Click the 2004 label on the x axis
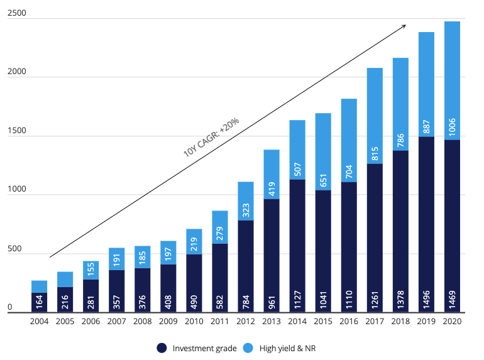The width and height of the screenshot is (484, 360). (x=40, y=321)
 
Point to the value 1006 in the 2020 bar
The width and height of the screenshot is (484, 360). (x=453, y=128)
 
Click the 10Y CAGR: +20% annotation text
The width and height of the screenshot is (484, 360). (x=211, y=134)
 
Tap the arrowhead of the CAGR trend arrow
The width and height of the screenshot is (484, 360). (x=404, y=26)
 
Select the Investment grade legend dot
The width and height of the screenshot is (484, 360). (x=162, y=347)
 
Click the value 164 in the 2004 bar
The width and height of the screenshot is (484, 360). (x=40, y=302)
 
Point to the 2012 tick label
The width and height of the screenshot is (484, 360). (x=246, y=321)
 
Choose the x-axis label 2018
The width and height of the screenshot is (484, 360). (x=400, y=321)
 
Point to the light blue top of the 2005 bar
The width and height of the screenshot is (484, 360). (x=65, y=279)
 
